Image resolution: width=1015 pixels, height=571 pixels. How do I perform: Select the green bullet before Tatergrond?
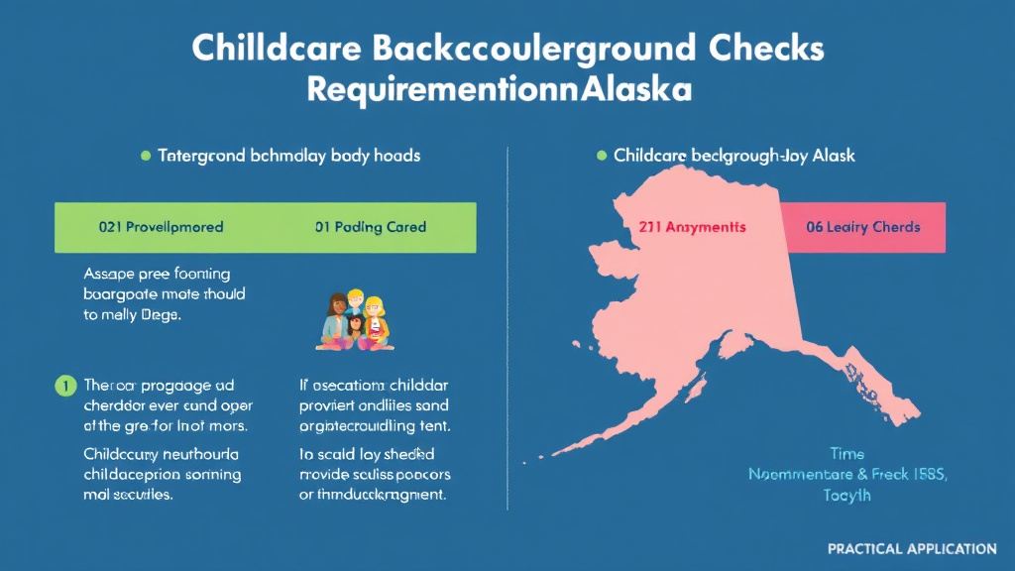tap(146, 156)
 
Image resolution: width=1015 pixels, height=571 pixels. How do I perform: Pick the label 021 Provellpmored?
tap(162, 227)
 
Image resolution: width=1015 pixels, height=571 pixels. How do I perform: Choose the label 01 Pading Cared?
tap(370, 227)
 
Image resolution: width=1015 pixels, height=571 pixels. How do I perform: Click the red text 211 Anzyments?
tap(691, 227)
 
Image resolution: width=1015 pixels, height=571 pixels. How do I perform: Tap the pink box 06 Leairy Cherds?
tap(862, 227)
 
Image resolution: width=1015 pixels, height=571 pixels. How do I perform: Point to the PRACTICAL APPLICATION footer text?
tap(912, 548)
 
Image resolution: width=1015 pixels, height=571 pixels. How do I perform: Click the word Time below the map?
tap(846, 455)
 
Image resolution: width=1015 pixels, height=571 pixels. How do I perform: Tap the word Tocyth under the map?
tap(846, 495)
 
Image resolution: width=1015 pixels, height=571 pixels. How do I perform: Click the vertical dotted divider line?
tap(507, 327)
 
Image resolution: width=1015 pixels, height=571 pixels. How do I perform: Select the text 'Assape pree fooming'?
tap(157, 274)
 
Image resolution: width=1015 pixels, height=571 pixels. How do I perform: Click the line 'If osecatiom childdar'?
tap(374, 385)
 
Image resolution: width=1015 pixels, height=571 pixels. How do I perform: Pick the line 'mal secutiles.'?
tap(129, 494)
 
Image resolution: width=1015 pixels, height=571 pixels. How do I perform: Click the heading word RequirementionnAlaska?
tap(499, 89)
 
